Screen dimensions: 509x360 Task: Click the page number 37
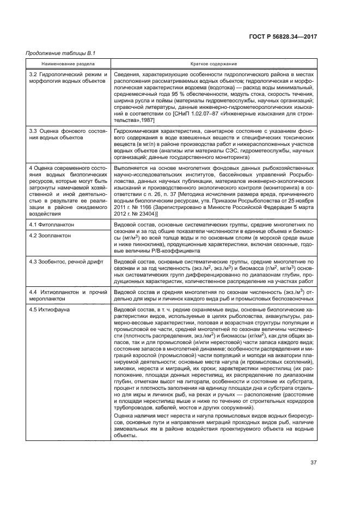(x=313, y=463)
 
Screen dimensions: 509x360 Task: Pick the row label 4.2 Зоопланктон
(x=51, y=235)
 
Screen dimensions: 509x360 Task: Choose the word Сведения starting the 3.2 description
(x=127, y=74)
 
